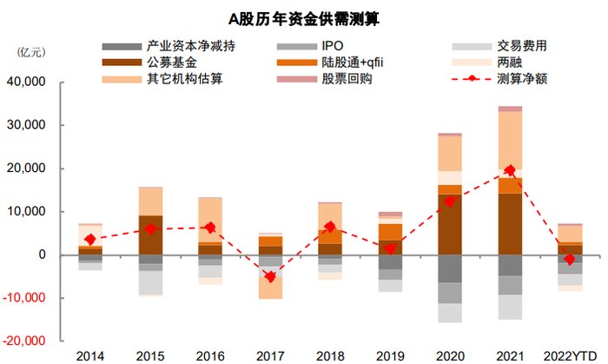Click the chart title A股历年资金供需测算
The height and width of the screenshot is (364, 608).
304,17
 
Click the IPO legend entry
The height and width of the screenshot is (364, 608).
333,46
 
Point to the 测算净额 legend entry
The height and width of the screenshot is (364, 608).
521,79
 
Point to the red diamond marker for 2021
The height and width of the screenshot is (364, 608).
510,170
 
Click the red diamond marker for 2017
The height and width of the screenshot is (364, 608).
270,276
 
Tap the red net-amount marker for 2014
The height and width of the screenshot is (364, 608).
90,239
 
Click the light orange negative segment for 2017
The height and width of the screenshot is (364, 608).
270,286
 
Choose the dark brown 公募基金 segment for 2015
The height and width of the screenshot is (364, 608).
150,235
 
